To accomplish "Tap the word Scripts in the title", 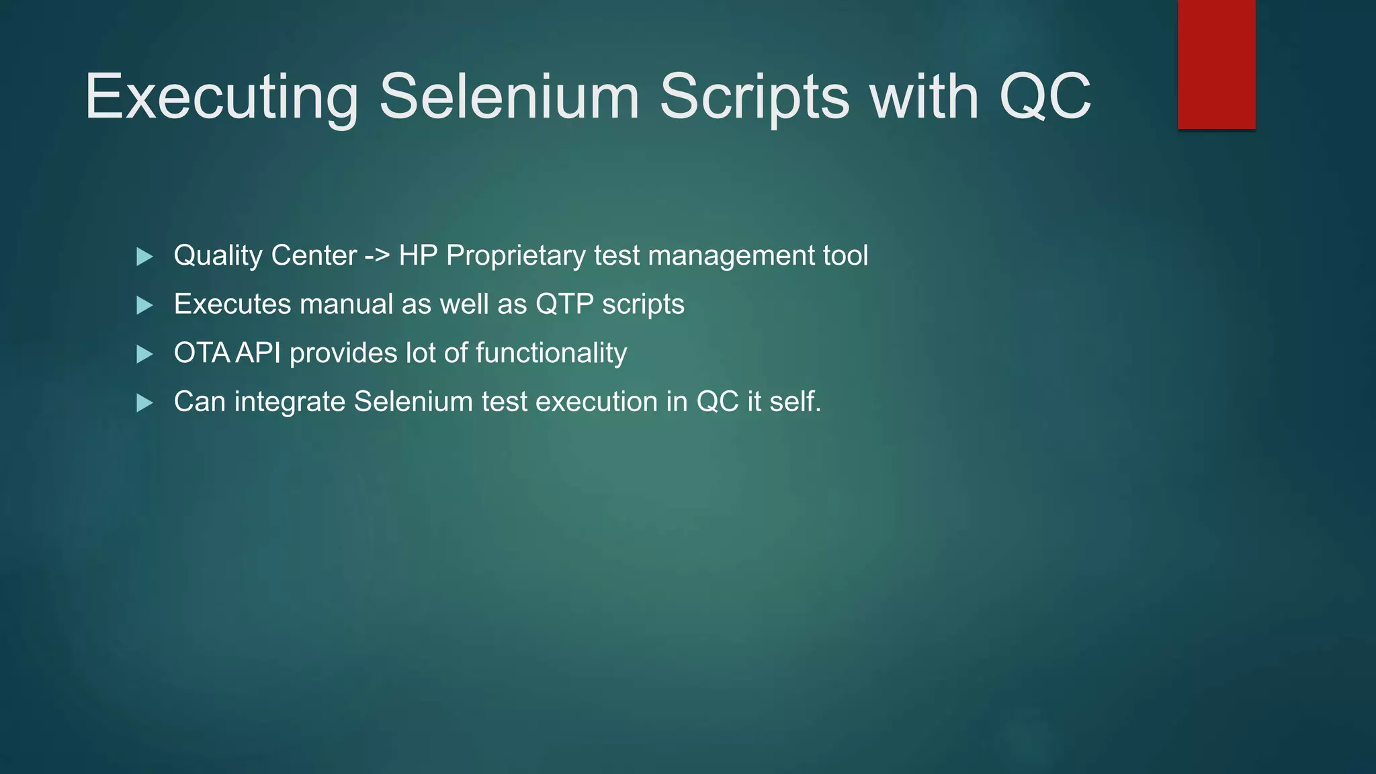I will [754, 97].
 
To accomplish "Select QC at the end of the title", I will [1045, 97].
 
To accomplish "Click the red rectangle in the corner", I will [1216, 64].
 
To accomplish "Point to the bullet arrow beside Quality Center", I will [144, 257].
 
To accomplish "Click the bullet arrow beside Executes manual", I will [144, 306].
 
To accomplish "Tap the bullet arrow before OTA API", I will [144, 354].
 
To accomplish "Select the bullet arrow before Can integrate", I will [144, 403].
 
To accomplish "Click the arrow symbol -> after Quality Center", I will [377, 256].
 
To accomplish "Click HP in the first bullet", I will [418, 256].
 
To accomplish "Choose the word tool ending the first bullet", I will [845, 256].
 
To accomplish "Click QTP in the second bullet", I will [564, 304].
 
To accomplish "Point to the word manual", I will [346, 304].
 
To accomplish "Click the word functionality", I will [551, 353].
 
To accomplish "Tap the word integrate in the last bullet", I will [290, 402].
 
